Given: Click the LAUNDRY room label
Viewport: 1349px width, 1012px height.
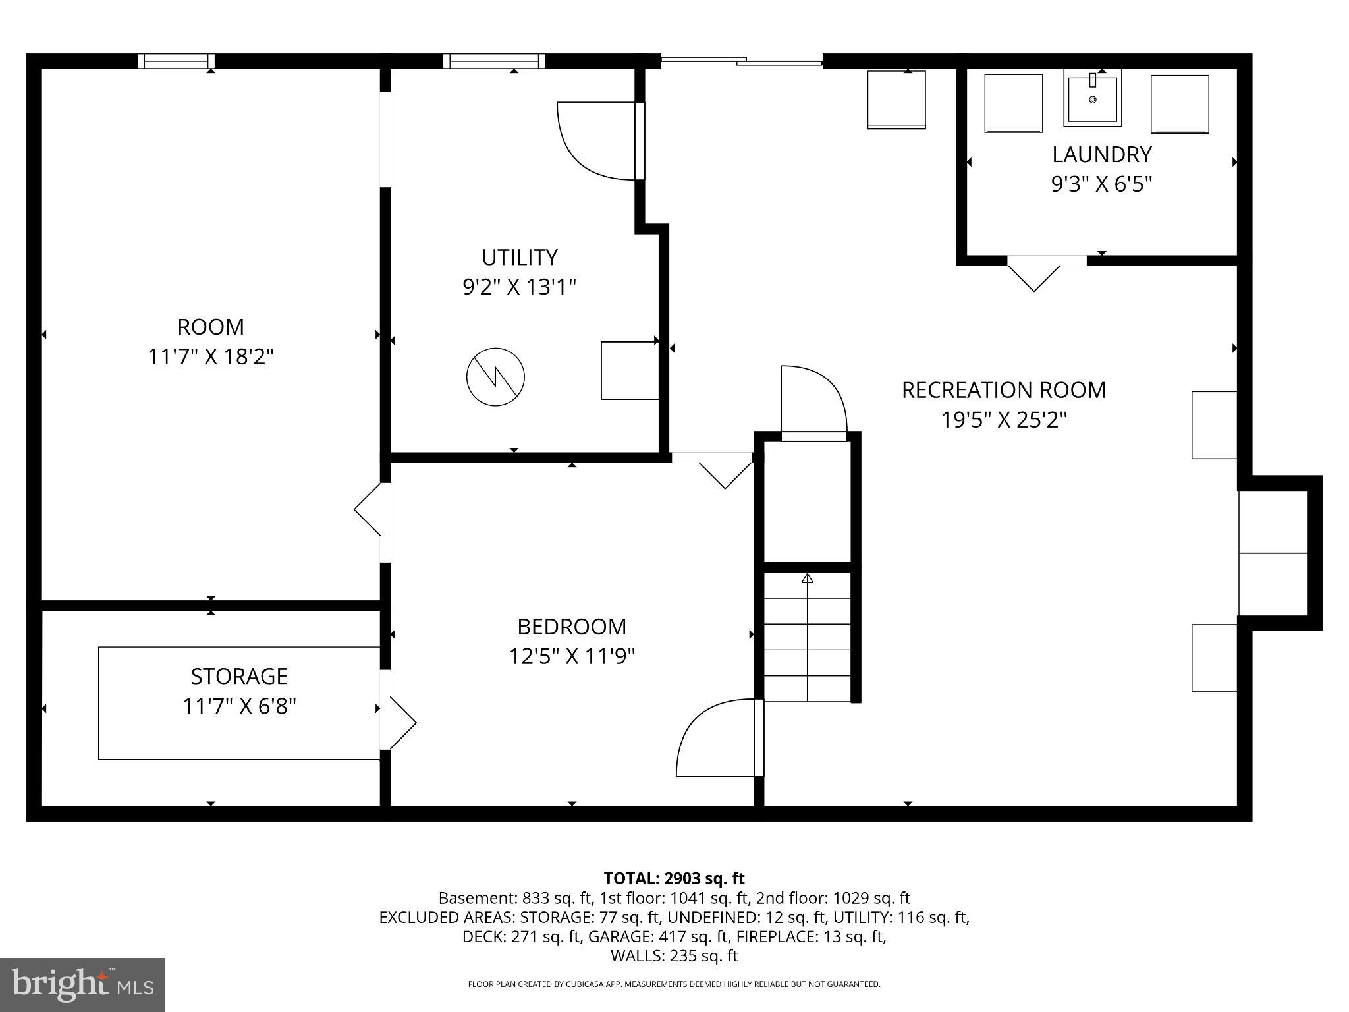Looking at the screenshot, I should (x=1101, y=154).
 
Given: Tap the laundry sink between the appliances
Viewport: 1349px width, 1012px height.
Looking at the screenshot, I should (x=1092, y=100).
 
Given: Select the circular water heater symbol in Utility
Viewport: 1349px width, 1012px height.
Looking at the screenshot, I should (x=495, y=377).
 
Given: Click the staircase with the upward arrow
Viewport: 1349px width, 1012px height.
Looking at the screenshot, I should (x=807, y=636).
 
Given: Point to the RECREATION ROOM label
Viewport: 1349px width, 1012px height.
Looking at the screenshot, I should (x=1003, y=390).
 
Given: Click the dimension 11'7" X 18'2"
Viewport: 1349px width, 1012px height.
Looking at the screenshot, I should (x=210, y=357).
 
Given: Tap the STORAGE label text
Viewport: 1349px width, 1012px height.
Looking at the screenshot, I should (x=239, y=677).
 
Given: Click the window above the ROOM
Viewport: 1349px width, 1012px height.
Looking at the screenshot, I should (x=176, y=61).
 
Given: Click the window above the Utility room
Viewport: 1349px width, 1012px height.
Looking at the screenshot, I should (x=494, y=61).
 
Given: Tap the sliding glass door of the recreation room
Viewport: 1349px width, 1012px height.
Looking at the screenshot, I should (x=741, y=62).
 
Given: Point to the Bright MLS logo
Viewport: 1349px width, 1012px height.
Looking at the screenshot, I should (x=82, y=984).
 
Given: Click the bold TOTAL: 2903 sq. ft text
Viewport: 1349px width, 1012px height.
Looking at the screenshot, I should (x=674, y=878).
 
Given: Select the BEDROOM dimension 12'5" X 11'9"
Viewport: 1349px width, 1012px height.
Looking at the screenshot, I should (x=571, y=657).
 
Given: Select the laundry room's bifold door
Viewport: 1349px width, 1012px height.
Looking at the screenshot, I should (x=1034, y=273).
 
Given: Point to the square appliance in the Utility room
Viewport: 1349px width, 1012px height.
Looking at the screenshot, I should (x=630, y=370).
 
